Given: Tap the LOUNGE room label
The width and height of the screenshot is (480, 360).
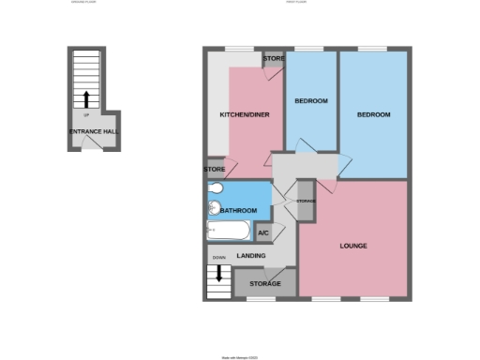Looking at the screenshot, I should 353,246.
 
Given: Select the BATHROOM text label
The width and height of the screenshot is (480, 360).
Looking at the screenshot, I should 239,211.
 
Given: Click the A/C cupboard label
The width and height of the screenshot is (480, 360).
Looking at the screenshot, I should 262,232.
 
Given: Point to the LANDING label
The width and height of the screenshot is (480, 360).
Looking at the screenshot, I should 250,255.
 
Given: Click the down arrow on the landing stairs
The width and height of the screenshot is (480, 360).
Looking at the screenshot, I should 218,274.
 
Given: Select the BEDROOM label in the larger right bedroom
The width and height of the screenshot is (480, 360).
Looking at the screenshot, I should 373,114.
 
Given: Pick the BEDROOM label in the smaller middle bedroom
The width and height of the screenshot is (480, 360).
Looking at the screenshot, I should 310,100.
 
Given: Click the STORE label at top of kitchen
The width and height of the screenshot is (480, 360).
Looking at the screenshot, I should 273,59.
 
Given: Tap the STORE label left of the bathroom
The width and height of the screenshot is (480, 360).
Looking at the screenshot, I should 215,169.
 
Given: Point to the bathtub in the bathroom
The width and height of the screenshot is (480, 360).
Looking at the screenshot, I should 228,230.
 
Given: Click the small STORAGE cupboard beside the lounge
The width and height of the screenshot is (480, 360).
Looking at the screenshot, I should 305,202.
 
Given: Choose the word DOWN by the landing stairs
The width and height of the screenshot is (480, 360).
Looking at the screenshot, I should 218,257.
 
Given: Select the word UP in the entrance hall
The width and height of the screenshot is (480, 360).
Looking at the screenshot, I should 86,115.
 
